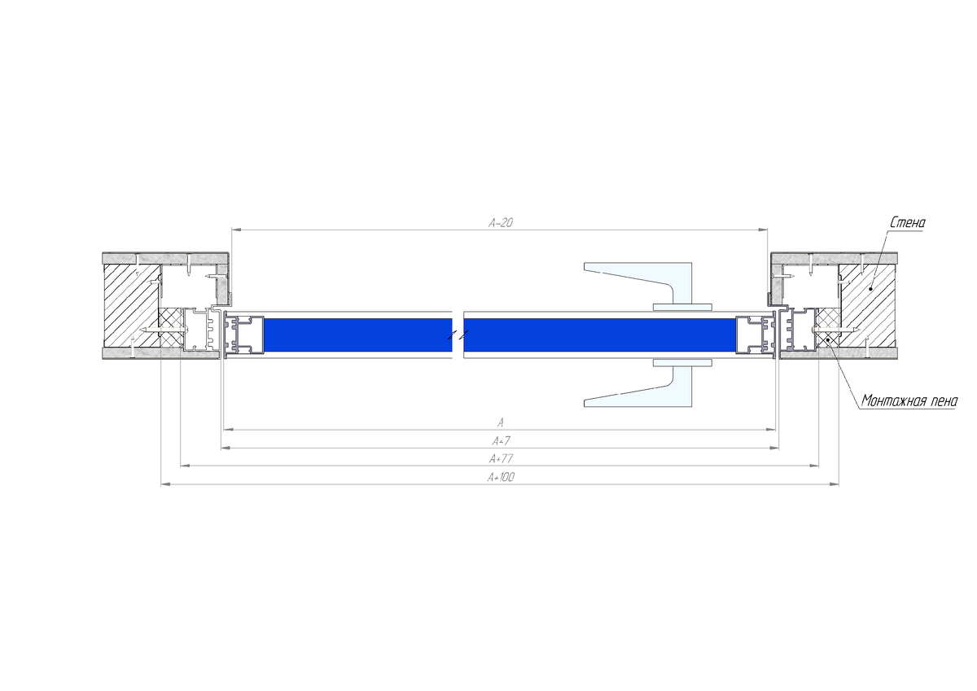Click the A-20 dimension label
(501, 223)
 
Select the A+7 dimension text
(502, 441)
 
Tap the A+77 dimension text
(502, 459)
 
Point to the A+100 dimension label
(502, 478)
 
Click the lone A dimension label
(501, 422)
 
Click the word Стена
(908, 223)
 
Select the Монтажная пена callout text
(909, 400)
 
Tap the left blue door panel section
(358, 335)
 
